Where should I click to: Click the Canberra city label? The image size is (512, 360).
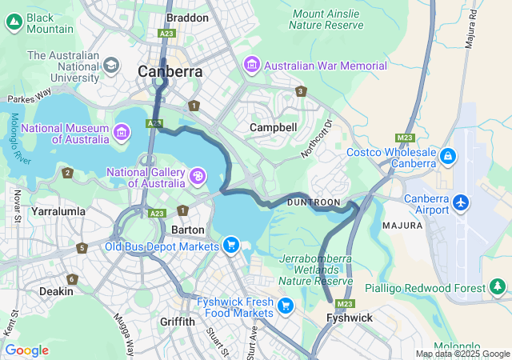pyautogui.click(x=170, y=71)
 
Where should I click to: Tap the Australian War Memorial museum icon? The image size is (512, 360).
pyautogui.click(x=252, y=63)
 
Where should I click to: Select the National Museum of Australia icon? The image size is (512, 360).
pyautogui.click(x=122, y=131)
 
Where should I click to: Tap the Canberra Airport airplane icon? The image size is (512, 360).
pyautogui.click(x=461, y=202)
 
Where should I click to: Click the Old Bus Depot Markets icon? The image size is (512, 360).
pyautogui.click(x=230, y=245)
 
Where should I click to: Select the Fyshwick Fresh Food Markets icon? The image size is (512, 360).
pyautogui.click(x=285, y=305)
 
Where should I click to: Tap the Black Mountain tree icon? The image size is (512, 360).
pyautogui.click(x=14, y=23)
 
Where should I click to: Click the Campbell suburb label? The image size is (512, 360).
pyautogui.click(x=273, y=127)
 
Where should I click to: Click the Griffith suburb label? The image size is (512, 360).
pyautogui.click(x=177, y=322)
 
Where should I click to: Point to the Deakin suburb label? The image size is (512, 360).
pyautogui.click(x=56, y=291)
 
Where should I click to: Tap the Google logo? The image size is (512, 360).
pyautogui.click(x=26, y=350)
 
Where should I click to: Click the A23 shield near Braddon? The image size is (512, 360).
pyautogui.click(x=167, y=34)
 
